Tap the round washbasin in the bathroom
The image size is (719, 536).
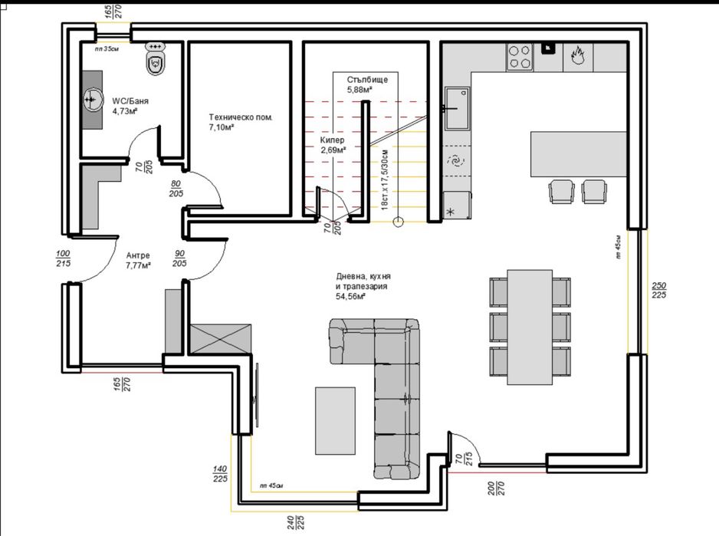92,99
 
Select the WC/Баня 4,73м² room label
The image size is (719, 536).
130,106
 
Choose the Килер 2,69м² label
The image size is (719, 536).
334,146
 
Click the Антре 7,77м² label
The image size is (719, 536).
138,261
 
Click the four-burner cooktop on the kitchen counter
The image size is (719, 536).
520,57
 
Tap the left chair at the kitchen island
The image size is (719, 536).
561,191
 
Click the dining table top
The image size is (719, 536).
530,326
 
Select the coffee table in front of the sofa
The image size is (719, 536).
334,421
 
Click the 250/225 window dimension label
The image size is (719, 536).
658,290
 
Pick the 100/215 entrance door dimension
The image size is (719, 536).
63,259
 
